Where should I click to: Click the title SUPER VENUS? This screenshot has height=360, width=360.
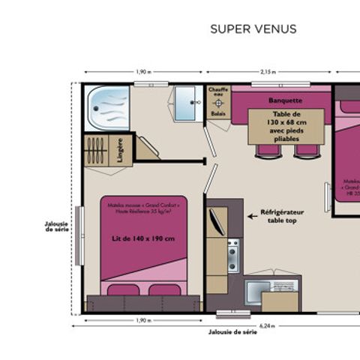(253, 29)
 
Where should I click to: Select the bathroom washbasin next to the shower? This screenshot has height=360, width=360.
(185, 103)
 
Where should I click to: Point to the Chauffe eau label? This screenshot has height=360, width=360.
(218, 93)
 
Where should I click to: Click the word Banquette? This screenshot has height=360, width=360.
(285, 100)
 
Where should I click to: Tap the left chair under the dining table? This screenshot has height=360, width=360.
(267, 151)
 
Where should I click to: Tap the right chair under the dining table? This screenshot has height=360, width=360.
(305, 151)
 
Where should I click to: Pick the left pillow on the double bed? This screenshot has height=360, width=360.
(121, 289)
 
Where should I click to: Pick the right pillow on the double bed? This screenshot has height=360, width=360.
(165, 289)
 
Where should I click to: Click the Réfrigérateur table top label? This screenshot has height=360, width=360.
(280, 217)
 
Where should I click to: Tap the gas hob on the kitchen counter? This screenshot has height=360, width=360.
(232, 256)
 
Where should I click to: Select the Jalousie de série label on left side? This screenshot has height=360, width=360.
(57, 226)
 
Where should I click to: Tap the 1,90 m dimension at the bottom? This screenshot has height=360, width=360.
(142, 320)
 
